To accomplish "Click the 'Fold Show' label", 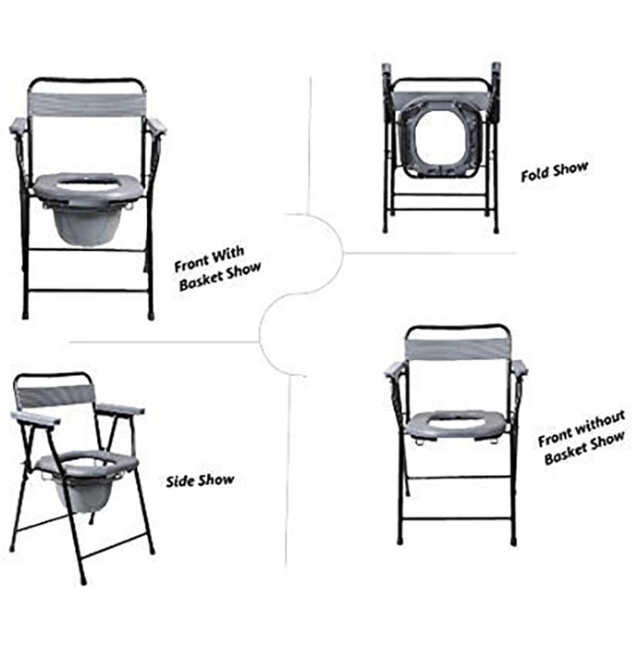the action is click(x=554, y=171).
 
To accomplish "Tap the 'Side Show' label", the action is click(x=200, y=480).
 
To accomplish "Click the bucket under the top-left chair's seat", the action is click(x=83, y=225).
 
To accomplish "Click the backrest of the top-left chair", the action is click(x=86, y=105).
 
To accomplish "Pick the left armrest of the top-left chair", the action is click(x=19, y=125).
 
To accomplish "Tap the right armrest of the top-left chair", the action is click(x=157, y=126).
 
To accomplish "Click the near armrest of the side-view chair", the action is click(x=35, y=417).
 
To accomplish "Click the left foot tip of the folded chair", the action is click(x=385, y=231).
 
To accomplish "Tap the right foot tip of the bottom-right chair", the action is click(x=513, y=542).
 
